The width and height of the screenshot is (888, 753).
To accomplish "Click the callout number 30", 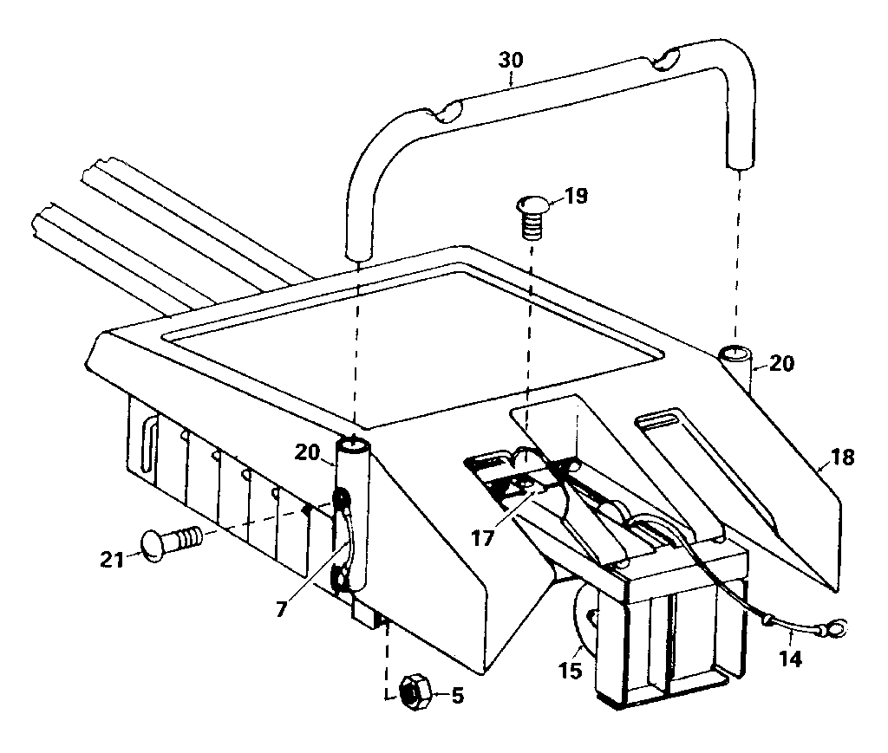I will (x=512, y=61).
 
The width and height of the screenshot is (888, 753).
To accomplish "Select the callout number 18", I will (x=841, y=458).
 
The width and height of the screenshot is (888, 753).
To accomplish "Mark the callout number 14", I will (x=791, y=659).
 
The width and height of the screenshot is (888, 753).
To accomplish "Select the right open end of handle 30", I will (x=740, y=161).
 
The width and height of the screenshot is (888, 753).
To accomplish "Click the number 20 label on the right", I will (x=780, y=365).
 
